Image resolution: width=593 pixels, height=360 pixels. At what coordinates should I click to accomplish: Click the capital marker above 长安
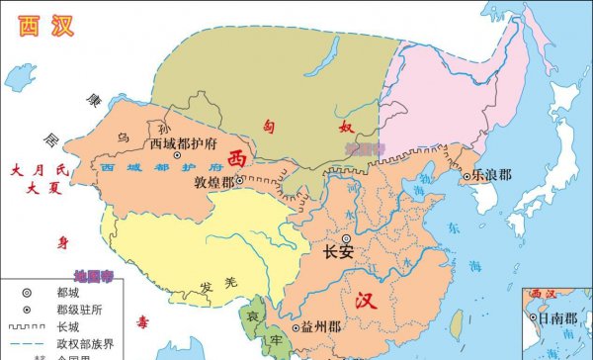(x=346, y=238)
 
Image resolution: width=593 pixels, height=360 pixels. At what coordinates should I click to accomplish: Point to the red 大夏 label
(x=44, y=189)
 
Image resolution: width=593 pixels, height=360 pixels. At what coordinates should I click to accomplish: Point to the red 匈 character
(x=269, y=125)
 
